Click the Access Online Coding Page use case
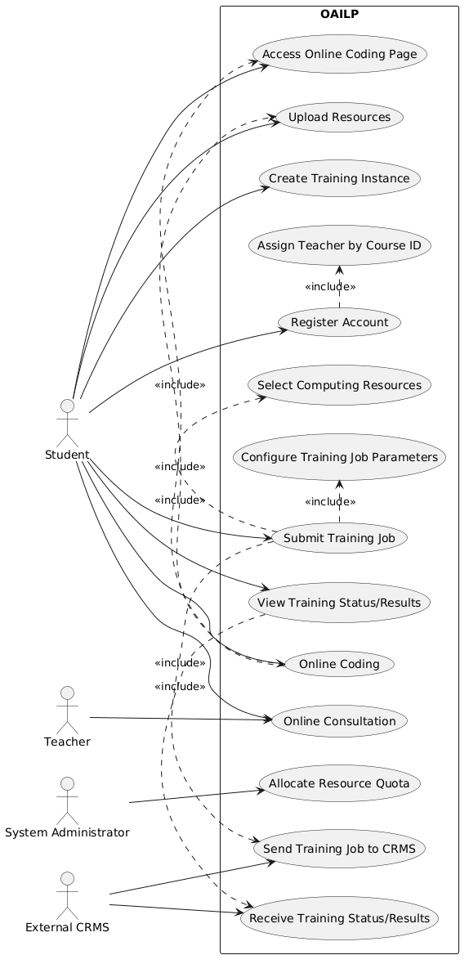click(x=339, y=54)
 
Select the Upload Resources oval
click(x=339, y=117)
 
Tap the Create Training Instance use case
click(x=339, y=178)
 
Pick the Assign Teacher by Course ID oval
click(x=339, y=246)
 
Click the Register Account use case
click(x=339, y=322)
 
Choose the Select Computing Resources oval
click(x=339, y=385)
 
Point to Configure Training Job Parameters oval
click(x=339, y=458)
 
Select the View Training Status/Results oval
click(x=339, y=603)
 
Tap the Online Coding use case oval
click(x=339, y=664)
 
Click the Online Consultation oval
click(x=339, y=720)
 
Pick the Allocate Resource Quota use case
click(x=339, y=784)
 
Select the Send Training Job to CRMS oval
click(x=339, y=849)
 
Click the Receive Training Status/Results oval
click(x=339, y=918)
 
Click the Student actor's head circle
click(x=68, y=406)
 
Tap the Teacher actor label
click(x=68, y=742)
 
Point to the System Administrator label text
click(x=68, y=833)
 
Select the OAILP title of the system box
click(x=339, y=14)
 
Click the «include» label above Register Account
click(x=330, y=286)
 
